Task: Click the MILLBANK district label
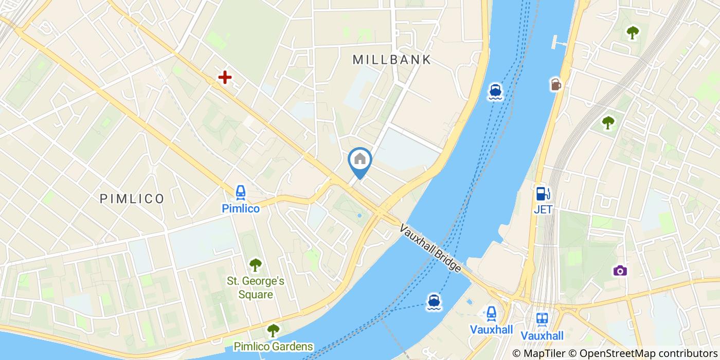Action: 392,60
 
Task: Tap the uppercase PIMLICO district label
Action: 132,199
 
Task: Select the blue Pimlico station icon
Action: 240,193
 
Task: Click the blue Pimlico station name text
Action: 240,208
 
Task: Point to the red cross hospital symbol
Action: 225,78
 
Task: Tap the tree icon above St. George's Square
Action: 256,265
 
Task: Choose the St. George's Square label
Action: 256,288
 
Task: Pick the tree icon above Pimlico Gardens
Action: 273,330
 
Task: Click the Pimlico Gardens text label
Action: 273,346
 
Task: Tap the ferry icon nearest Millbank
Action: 495,91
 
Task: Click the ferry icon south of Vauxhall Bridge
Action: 434,302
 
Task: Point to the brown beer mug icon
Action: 555,84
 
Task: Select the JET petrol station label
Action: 543,209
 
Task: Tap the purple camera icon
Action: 620,271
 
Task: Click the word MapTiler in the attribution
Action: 546,353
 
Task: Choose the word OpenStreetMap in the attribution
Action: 618,353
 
